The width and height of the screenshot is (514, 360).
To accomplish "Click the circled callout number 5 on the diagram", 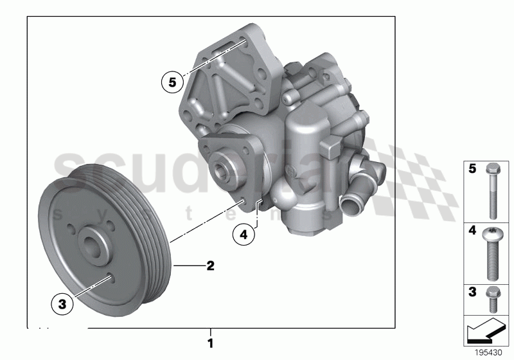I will [x=172, y=82].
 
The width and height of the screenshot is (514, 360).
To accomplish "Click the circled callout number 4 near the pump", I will [x=244, y=235].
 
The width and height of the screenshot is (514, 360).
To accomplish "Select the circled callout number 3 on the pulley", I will [x=63, y=305].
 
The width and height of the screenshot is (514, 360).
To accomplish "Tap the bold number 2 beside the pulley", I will [x=209, y=265].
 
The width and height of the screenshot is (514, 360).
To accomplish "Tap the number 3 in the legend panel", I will [x=472, y=292].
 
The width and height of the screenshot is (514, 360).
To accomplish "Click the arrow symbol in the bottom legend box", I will [x=486, y=332].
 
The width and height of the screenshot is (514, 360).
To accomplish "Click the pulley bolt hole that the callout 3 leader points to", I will [x=109, y=278].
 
